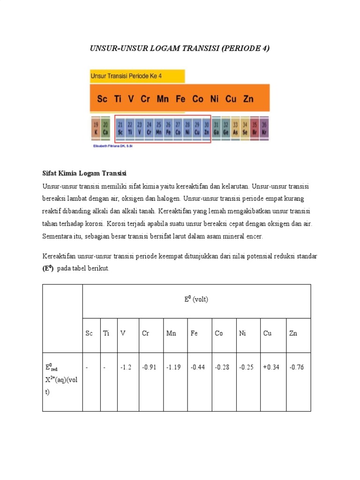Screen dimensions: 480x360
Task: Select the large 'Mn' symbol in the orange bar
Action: coord(163,99)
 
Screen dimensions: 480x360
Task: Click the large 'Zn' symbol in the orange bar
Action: coord(248,99)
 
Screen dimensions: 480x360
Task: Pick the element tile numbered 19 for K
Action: coord(96,128)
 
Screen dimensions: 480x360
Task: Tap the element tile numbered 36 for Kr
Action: coord(264,128)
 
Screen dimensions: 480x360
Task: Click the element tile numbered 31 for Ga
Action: coord(216,128)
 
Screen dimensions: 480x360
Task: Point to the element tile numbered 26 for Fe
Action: coord(168,128)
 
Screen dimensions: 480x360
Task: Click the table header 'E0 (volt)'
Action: coord(196,300)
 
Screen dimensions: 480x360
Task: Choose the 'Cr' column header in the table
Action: coord(145,333)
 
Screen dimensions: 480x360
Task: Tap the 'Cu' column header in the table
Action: coord(267,333)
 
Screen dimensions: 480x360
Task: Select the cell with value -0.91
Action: coord(149,367)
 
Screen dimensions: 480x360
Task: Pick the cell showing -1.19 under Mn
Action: coord(173,367)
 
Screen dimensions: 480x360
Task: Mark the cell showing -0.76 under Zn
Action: coord(296,367)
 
